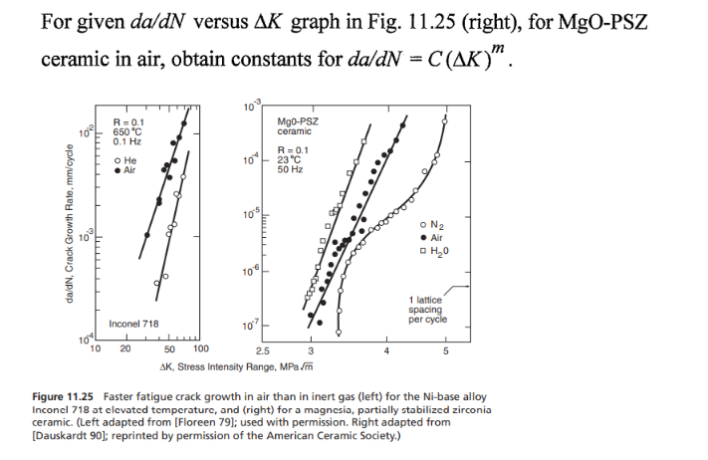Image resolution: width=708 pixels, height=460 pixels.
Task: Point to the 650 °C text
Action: point(128,131)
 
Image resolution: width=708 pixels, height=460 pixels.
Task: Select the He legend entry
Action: point(127,160)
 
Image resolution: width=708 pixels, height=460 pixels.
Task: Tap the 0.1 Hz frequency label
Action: point(127,141)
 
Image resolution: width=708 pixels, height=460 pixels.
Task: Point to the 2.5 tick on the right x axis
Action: point(262,350)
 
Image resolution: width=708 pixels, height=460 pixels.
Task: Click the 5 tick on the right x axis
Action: point(446,350)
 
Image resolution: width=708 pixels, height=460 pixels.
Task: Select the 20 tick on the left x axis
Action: point(125,349)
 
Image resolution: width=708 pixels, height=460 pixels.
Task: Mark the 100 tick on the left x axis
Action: point(200,349)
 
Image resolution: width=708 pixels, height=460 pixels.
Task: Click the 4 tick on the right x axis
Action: point(385,350)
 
